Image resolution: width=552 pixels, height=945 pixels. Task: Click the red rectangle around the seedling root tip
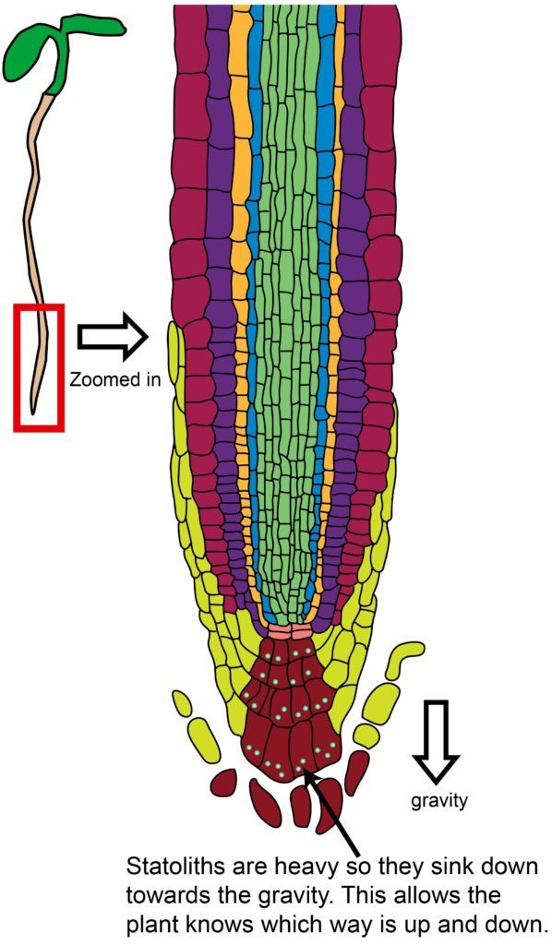[16, 367]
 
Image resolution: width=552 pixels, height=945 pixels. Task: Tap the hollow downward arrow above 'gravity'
[437, 740]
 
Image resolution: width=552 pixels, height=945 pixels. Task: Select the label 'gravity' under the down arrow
[439, 800]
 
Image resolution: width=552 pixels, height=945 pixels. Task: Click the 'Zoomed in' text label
[115, 379]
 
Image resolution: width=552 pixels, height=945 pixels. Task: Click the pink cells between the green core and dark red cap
[288, 631]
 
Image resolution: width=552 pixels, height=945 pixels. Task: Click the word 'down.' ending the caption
[518, 925]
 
